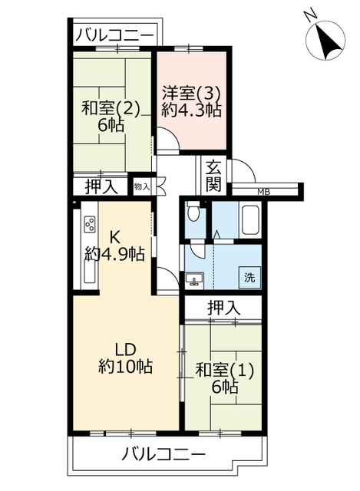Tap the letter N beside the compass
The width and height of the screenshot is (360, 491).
(x=310, y=15)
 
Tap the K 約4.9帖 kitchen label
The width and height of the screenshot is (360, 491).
(x=114, y=245)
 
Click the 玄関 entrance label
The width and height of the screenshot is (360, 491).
(x=213, y=176)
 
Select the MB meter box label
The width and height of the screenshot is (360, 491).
(x=263, y=193)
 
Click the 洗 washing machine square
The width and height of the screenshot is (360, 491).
(x=249, y=278)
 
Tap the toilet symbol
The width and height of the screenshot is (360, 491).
(x=192, y=213)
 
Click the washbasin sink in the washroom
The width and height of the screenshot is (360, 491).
(x=194, y=279)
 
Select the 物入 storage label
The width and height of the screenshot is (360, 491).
(x=141, y=187)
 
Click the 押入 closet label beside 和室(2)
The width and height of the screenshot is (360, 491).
(x=101, y=187)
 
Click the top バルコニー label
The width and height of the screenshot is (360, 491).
(x=114, y=35)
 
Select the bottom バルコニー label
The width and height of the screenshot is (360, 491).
(x=163, y=453)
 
